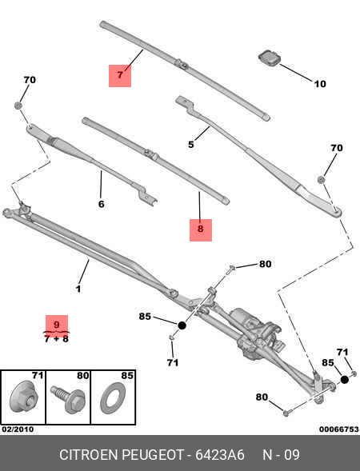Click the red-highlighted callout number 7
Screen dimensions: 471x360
pyautogui.click(x=120, y=75)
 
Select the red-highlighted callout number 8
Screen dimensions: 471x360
pyautogui.click(x=200, y=230)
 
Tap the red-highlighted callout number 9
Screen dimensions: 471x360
pyautogui.click(x=56, y=325)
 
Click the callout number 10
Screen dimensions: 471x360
pyautogui.click(x=319, y=84)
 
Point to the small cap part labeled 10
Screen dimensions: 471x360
pyautogui.click(x=267, y=58)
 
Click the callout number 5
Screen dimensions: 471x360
pyautogui.click(x=191, y=145)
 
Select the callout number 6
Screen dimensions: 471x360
pyautogui.click(x=101, y=204)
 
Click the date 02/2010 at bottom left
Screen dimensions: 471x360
pyautogui.click(x=18, y=429)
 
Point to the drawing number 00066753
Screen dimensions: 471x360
pyautogui.click(x=338, y=429)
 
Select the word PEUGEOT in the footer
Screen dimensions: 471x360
pyautogui.click(x=154, y=455)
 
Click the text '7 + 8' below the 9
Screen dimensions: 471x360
pyautogui.click(x=56, y=339)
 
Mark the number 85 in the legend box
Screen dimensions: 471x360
pyautogui.click(x=126, y=374)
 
